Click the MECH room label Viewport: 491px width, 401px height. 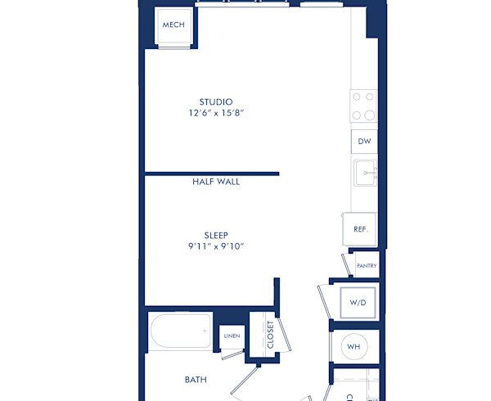[x=173, y=25]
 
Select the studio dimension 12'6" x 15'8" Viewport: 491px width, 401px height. [x=216, y=114]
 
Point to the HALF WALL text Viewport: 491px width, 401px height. [x=216, y=182]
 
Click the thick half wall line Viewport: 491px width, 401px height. [x=212, y=173]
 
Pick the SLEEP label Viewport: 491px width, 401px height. [x=216, y=235]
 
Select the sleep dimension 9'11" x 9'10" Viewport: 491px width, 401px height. [x=216, y=246]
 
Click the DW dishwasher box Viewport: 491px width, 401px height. [x=364, y=141]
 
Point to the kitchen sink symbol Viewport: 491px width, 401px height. [x=365, y=173]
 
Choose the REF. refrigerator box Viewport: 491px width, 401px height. [x=360, y=229]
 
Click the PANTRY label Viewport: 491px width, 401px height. [x=366, y=265]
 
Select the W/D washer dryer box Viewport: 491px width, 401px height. [x=358, y=302]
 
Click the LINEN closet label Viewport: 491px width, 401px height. [x=231, y=336]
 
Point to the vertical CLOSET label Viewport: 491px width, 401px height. [x=271, y=335]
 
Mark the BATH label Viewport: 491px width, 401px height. [x=196, y=380]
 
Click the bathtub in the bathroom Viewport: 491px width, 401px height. [x=180, y=332]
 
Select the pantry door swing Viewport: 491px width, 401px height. [x=346, y=264]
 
